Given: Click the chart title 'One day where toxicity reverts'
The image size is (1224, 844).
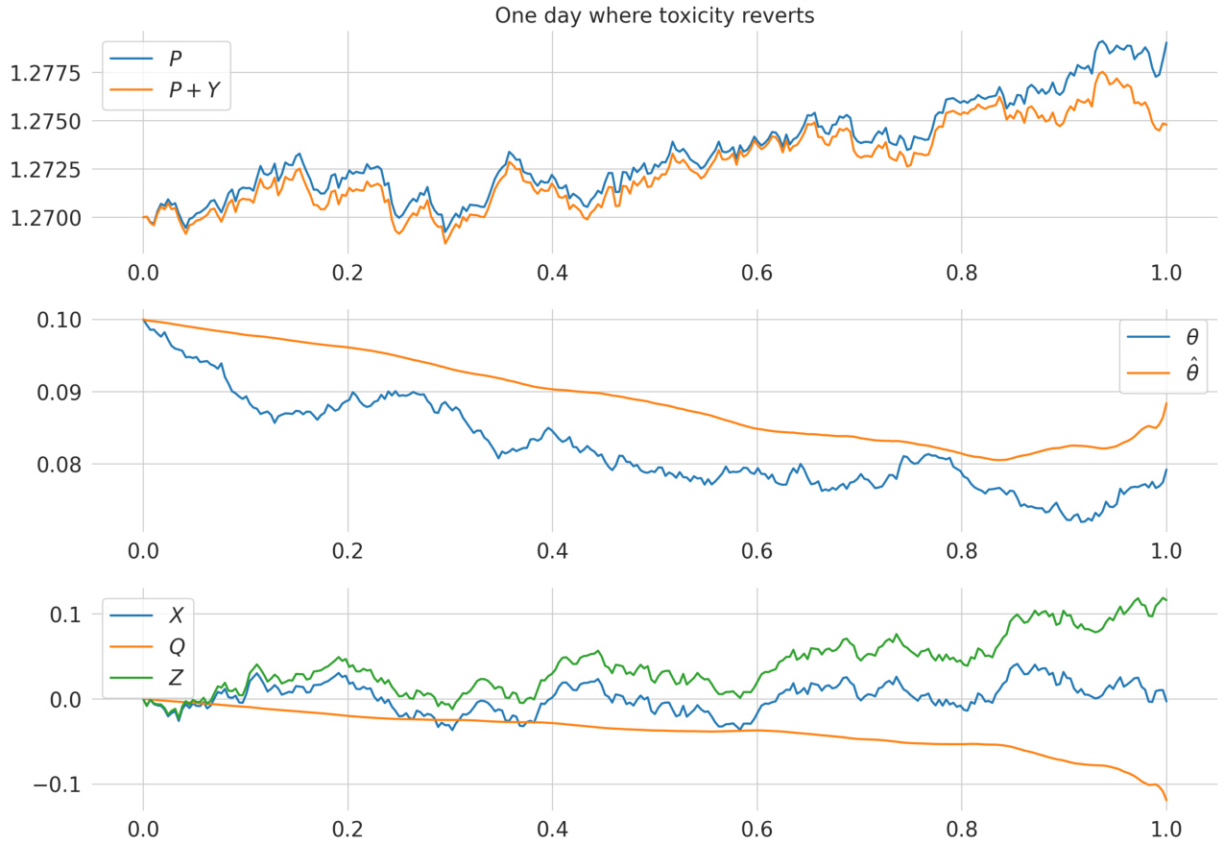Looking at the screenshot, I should (654, 16).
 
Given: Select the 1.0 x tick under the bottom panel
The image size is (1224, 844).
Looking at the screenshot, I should (1165, 828).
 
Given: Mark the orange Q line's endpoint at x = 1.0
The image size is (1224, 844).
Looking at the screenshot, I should (1165, 800).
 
